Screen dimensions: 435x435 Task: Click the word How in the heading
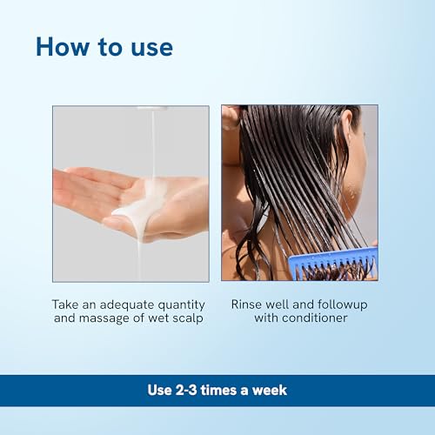pyautogui.click(x=63, y=46)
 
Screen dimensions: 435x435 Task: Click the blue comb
pyautogui.click(x=333, y=264)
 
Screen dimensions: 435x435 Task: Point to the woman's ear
pyautogui.click(x=345, y=128)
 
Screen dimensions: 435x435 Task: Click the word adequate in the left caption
pyautogui.click(x=124, y=305)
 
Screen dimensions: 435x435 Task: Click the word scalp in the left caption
pyautogui.click(x=188, y=318)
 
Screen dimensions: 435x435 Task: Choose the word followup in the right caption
pyautogui.click(x=342, y=304)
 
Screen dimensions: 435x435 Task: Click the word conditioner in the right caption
pyautogui.click(x=315, y=318)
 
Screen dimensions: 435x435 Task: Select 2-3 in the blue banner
pyautogui.click(x=186, y=390)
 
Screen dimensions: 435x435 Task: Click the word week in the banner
pyautogui.click(x=270, y=390)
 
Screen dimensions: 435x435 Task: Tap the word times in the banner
pyautogui.click(x=219, y=390)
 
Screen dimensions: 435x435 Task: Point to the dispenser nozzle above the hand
pyautogui.click(x=152, y=108)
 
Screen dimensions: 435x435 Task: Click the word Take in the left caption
pyautogui.click(x=65, y=304)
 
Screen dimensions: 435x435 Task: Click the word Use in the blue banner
pyautogui.click(x=160, y=390)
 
